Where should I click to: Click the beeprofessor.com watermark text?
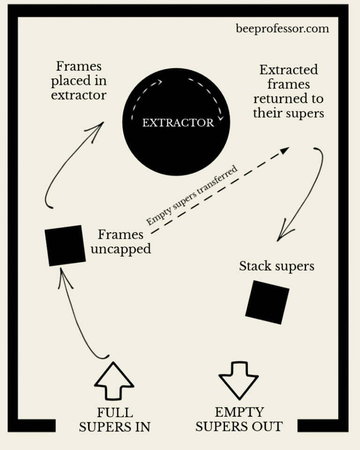point(282,29)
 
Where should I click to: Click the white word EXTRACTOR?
point(178,123)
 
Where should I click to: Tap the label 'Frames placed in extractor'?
point(79,80)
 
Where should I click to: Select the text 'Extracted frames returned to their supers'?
point(288,91)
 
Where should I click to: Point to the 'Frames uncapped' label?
point(121,241)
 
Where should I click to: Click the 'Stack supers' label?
point(277,266)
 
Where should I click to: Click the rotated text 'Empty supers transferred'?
point(192,195)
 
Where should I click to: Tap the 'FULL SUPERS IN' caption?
point(115,420)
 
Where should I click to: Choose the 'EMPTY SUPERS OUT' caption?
point(239,420)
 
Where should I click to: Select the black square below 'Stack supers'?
point(267,302)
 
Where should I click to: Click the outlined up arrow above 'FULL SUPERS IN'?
point(114,381)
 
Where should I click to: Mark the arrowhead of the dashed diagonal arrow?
point(284,150)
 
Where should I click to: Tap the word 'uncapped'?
point(121,248)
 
